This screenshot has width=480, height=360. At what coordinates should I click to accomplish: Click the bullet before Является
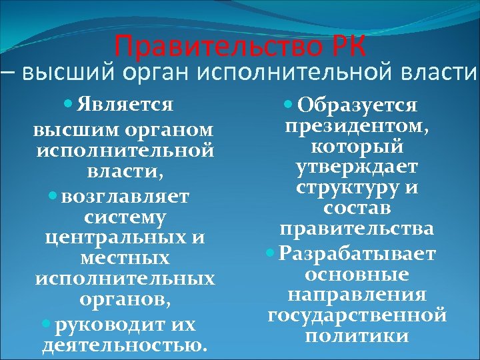[x=70, y=105]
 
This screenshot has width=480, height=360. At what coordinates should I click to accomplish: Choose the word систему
[x=125, y=217]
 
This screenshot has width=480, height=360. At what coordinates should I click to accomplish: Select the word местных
[x=125, y=257]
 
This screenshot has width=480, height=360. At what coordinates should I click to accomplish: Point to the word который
[x=357, y=145]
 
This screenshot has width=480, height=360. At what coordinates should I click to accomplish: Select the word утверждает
[x=357, y=166]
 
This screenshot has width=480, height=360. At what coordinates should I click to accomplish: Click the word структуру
[x=349, y=187]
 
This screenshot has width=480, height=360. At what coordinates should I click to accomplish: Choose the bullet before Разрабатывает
[x=270, y=253]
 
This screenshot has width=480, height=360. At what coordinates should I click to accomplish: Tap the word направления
[x=357, y=294]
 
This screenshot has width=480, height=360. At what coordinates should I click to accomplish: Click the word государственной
[x=357, y=315]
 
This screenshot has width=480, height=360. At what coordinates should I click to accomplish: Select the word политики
[x=357, y=335]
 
